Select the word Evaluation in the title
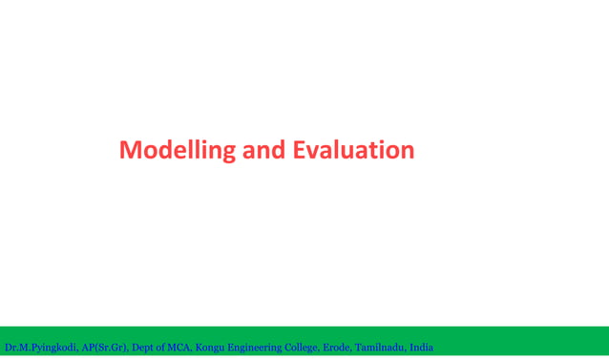(353, 151)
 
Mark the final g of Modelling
(229, 154)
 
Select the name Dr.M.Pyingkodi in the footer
(41, 348)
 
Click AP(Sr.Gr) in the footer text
(105, 348)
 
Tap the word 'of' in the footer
(167, 348)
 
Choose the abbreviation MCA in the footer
(184, 348)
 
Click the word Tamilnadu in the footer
(380, 348)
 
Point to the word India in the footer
(421, 348)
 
